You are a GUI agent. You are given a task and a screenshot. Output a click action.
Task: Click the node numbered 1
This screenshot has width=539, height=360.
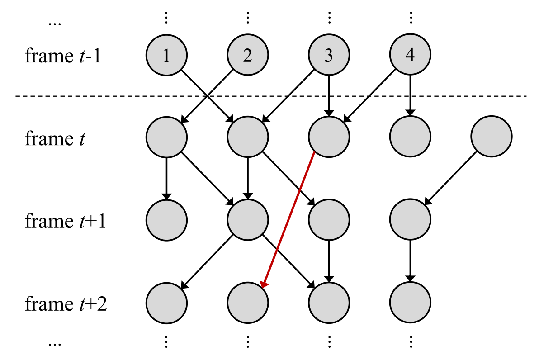click(x=166, y=55)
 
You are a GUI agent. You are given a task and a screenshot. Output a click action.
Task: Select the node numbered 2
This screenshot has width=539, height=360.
click(x=248, y=55)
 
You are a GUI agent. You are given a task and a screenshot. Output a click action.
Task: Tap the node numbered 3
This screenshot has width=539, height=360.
click(x=329, y=55)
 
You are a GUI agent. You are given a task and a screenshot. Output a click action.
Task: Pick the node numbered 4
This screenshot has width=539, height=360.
click(x=410, y=55)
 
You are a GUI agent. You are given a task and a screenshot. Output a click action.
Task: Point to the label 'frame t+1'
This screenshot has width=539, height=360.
click(x=65, y=222)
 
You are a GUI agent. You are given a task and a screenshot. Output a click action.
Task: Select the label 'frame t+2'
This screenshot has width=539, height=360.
click(x=66, y=304)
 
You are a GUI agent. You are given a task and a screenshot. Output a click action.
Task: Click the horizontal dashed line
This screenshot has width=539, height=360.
click(x=113, y=96)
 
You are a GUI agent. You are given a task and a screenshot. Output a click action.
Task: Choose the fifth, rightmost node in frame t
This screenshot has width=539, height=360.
click(x=492, y=136)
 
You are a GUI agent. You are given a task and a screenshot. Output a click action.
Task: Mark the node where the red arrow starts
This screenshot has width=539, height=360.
click(x=329, y=136)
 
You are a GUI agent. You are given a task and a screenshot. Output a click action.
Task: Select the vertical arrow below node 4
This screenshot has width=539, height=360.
click(x=410, y=95)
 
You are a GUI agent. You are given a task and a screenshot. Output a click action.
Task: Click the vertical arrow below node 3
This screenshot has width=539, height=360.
click(x=329, y=95)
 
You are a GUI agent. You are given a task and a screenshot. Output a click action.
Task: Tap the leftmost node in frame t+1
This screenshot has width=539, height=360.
click(x=166, y=220)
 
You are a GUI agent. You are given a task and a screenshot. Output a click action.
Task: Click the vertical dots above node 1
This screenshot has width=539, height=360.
click(x=166, y=18)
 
